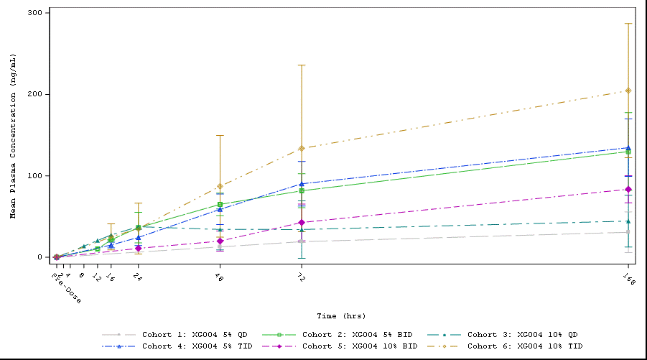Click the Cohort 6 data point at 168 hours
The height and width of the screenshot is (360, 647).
pos(628,91)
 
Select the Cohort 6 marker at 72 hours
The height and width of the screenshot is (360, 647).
pos(302,149)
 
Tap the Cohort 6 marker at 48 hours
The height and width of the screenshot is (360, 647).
pos(220,186)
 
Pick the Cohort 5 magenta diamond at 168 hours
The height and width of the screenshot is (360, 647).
pos(628,190)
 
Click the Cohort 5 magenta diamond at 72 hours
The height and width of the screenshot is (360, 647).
pos(302,223)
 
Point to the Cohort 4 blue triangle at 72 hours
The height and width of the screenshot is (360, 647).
pos(302,184)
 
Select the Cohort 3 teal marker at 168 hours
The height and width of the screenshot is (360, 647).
pos(628,221)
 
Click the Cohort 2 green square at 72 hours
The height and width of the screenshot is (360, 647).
pos(302,190)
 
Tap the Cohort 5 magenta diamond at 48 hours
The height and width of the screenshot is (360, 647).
pos(220,241)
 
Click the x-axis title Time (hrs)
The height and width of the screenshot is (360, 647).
pos(342,315)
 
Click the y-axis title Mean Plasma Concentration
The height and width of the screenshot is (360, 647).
pos(13,135)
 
